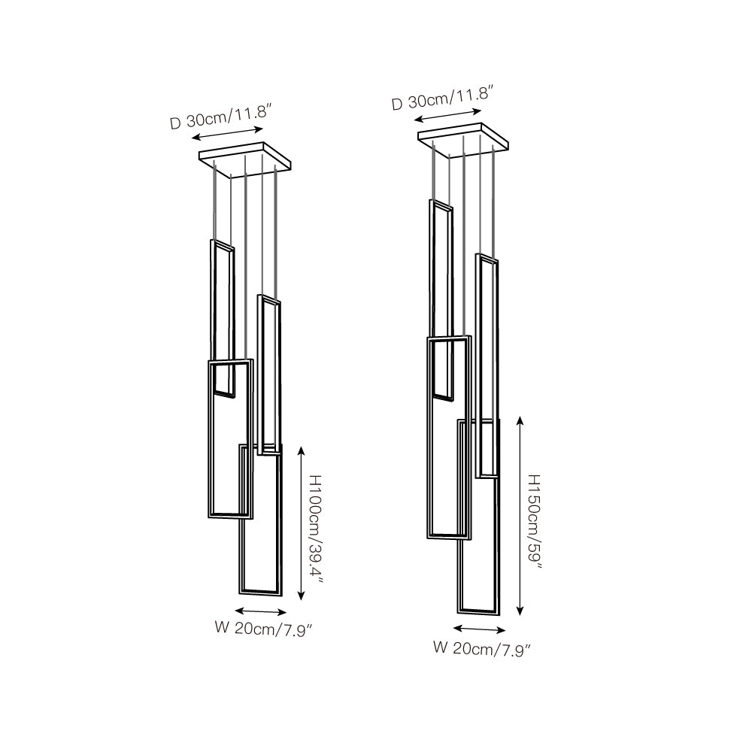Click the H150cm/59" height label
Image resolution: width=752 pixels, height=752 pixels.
(535, 522)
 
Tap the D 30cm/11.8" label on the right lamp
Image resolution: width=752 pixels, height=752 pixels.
(443, 97)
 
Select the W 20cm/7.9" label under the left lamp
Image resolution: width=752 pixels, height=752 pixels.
(264, 628)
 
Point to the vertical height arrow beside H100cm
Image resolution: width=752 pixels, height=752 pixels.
(302, 523)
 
